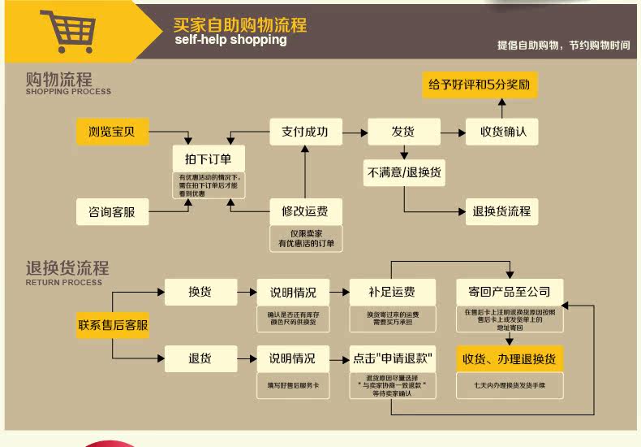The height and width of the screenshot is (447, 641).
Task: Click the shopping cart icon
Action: coord(72,32)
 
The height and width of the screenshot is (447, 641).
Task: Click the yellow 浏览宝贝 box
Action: coord(114,132)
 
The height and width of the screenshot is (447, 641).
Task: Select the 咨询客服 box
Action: coord(114,212)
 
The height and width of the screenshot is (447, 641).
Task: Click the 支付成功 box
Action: coord(305,132)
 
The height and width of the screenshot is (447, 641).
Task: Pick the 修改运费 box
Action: coord(305,212)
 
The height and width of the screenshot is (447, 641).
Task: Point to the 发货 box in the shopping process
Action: coord(403,132)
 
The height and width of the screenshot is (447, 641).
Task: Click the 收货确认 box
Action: coord(501,132)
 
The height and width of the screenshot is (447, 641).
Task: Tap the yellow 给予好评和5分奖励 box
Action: coord(480,85)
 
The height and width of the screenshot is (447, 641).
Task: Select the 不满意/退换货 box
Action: coord(404,172)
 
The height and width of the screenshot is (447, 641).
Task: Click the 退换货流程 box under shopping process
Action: coord(501,211)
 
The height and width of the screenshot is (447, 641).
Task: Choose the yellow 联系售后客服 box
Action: coord(114,326)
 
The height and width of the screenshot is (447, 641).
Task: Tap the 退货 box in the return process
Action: coord(200,358)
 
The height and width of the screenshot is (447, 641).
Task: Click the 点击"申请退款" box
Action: coord(392,358)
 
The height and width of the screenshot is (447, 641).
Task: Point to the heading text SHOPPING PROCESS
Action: coord(68,93)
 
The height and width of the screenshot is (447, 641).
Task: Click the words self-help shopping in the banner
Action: coord(230,40)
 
